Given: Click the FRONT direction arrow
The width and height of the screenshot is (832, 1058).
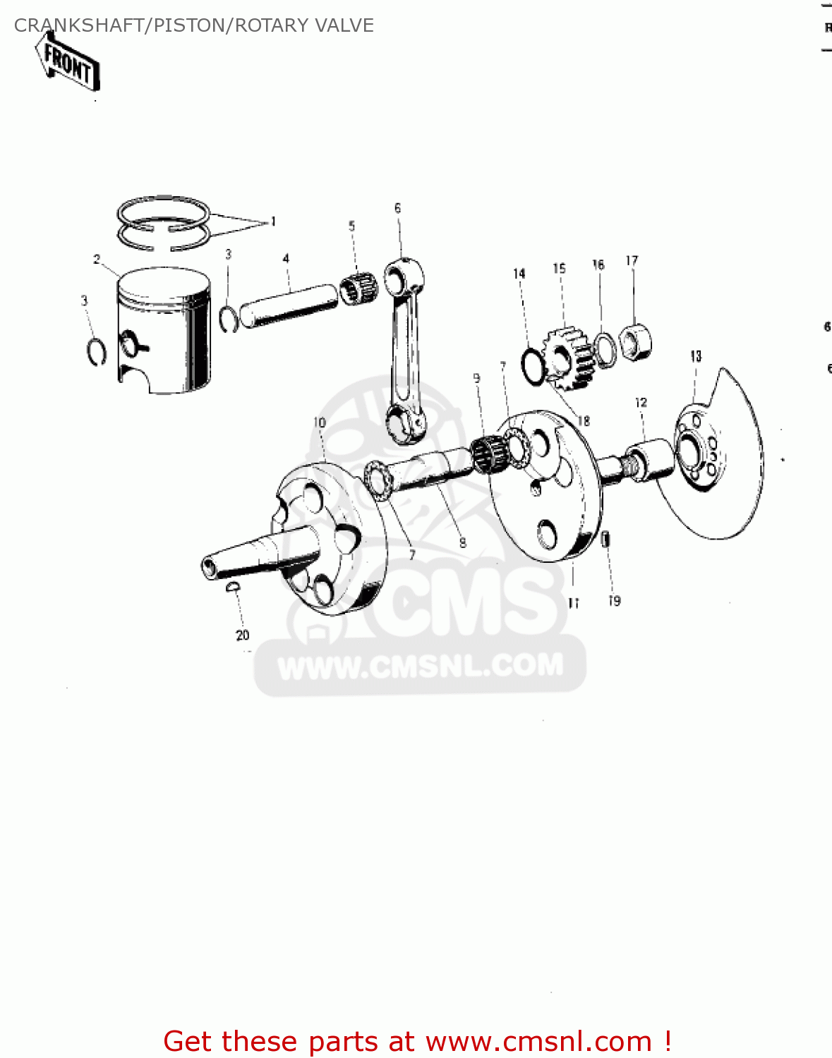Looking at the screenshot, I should coord(68,64).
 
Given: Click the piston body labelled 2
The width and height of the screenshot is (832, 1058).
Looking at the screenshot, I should coord(164,332).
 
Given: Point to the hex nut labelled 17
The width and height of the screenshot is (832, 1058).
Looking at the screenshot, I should coord(636,340).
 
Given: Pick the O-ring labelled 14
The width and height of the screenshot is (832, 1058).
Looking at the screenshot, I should coord(533,364).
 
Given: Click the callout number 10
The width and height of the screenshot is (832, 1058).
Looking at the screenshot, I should coord(320,422).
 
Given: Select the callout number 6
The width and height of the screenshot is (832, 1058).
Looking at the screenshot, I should coord(397,208).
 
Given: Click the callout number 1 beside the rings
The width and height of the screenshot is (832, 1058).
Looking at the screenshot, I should coord(273,221).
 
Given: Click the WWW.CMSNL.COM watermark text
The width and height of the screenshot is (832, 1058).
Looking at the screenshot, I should coord(421,667).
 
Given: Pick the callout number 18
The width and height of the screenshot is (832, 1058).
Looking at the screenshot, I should coord(584,421).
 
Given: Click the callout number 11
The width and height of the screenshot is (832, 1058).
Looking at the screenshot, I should coord(573,603).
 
